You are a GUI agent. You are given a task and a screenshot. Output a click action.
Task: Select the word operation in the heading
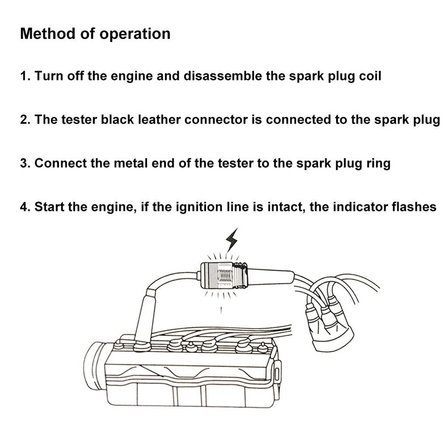(x=135, y=34)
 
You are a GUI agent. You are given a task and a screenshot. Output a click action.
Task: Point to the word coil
(x=370, y=76)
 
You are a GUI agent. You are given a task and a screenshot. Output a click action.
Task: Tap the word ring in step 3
(x=379, y=164)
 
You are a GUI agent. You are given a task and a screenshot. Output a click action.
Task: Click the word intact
(x=284, y=207)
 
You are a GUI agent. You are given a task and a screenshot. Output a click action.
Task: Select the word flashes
(x=414, y=207)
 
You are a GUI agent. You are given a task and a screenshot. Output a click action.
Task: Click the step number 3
(x=24, y=163)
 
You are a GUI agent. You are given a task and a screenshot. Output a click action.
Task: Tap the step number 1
(x=24, y=76)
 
